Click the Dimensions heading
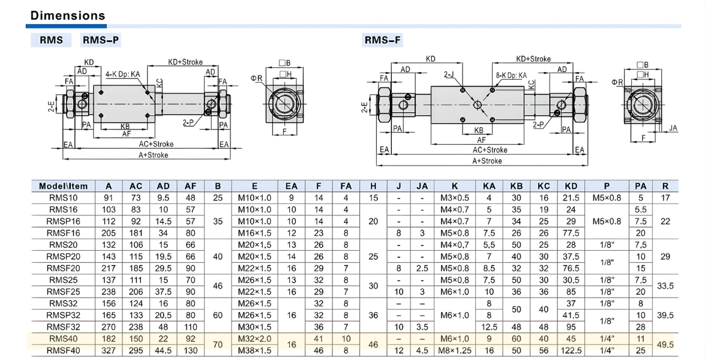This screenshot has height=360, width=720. (x=67, y=15)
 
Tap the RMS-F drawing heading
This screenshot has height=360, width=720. (x=382, y=40)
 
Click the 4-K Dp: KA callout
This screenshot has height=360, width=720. (x=122, y=74)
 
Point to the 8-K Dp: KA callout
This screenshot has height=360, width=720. (x=511, y=76)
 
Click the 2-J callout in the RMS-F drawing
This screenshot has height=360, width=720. (x=449, y=75)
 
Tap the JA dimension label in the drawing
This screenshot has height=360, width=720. (x=673, y=128)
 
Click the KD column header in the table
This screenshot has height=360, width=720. (x=571, y=186)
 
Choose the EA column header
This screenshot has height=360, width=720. (x=291, y=186)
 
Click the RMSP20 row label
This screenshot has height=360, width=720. (x=63, y=256)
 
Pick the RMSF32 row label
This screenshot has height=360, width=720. (x=63, y=326)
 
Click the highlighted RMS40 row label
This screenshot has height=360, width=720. (x=63, y=338)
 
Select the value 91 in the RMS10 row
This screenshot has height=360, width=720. (x=109, y=198)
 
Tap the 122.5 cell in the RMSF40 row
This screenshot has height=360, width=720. (x=571, y=350)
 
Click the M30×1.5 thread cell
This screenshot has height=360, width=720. (x=254, y=326)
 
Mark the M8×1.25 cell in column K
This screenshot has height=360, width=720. (x=454, y=350)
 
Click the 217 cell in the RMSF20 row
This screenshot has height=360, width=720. (x=109, y=268)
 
